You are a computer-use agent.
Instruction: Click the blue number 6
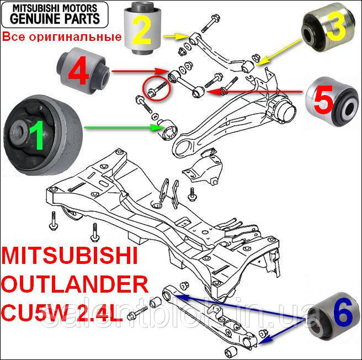coord(342,314)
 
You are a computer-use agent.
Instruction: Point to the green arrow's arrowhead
coord(157,128)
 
